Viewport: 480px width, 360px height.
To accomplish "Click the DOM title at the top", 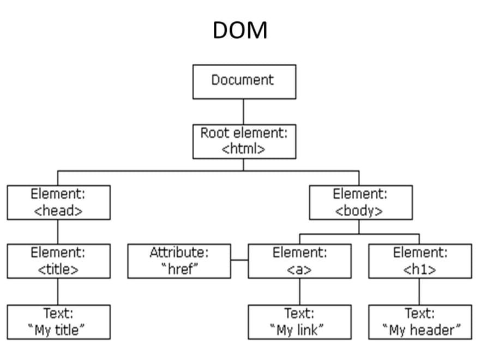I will click(240, 31).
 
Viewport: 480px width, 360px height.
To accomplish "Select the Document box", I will click(244, 81).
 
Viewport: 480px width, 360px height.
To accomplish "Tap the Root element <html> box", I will click(244, 141).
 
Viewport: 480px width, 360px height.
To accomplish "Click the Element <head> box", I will click(58, 202).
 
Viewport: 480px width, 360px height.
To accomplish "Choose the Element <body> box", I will click(361, 202).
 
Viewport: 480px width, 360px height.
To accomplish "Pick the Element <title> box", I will click(58, 261).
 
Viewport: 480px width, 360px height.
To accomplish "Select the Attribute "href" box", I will click(179, 261).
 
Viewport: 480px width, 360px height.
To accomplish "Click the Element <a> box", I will click(299, 261).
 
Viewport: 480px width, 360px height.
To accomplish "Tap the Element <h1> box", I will click(420, 261).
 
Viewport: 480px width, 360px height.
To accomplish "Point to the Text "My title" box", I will click(58, 322).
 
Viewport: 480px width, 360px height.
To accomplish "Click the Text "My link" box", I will click(299, 322).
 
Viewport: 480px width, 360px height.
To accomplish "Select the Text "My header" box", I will click(420, 322).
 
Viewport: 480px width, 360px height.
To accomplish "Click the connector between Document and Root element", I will click(244, 111).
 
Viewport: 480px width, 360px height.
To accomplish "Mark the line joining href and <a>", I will click(239, 261).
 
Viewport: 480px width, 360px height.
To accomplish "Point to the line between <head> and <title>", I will click(58, 231).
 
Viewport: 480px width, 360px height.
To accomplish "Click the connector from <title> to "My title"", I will click(58, 291).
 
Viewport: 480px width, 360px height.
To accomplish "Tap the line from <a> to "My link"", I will click(299, 291).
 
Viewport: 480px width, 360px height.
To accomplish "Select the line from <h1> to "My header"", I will click(420, 291).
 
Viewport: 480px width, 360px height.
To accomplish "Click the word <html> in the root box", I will click(244, 149).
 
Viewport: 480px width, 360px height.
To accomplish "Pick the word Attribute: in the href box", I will click(179, 253).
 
